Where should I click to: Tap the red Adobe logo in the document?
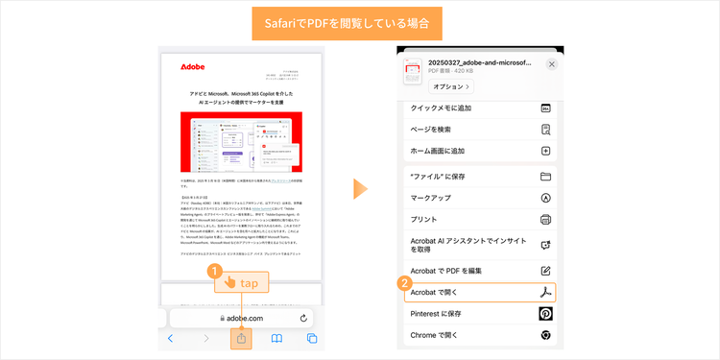point(192,67)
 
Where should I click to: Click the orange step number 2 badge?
point(405,283)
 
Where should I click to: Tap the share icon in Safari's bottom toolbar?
point(242,338)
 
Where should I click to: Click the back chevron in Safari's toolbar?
point(171,338)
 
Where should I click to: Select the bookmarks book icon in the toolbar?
point(276,338)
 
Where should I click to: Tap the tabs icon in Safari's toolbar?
point(312,338)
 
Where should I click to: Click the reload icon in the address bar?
point(303,317)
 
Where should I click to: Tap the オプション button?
point(450,86)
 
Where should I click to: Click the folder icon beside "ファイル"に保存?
point(545,177)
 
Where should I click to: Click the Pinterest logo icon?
point(545,314)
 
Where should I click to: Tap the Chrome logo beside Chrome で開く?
point(545,335)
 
